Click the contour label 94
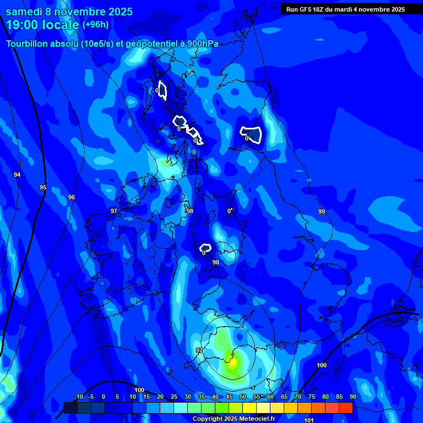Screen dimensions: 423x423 tap(17, 175)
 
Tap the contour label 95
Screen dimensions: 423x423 tap(43, 188)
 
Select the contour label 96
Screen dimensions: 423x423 tap(72, 197)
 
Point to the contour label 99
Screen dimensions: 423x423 tap(322, 211)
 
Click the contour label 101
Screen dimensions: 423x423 tap(309, 420)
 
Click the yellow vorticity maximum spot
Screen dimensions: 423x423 tap(232, 362)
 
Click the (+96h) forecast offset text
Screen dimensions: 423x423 tap(95, 25)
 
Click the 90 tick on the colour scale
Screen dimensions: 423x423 tap(352, 397)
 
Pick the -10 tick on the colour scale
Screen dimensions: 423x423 tap(79, 397)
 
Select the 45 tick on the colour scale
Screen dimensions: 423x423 tap(229, 397)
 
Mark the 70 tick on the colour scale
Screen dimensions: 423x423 tap(298, 397)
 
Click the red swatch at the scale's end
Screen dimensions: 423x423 tap(346, 408)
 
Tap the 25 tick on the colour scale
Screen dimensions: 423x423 tap(174, 397)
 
